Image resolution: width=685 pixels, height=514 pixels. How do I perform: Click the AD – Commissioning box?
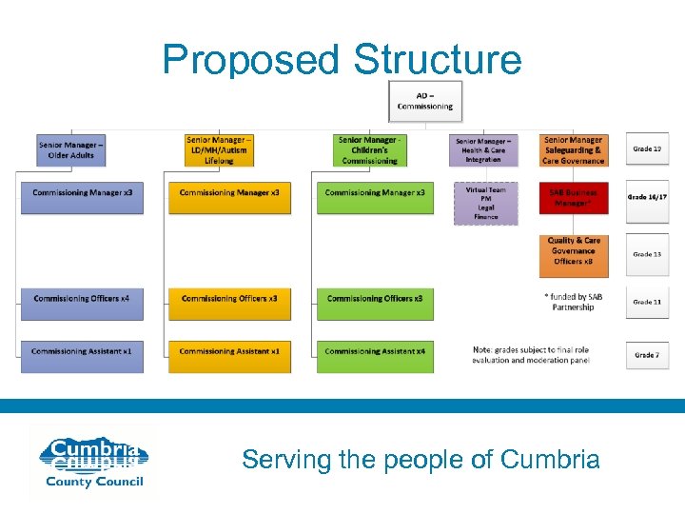(x=425, y=102)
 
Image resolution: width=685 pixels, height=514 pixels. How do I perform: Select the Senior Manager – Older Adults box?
(x=71, y=149)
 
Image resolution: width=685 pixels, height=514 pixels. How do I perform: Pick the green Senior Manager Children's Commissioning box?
(x=370, y=149)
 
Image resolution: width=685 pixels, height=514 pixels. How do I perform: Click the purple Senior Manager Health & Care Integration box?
(x=483, y=150)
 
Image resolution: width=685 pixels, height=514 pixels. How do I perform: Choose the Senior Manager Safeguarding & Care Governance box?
(x=574, y=149)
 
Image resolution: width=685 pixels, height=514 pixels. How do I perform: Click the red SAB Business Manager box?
(x=573, y=197)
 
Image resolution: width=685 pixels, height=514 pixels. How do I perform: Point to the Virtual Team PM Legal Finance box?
(x=485, y=204)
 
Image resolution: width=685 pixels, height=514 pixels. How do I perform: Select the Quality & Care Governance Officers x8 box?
(x=573, y=250)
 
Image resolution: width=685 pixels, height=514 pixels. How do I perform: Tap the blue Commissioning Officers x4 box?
(x=82, y=299)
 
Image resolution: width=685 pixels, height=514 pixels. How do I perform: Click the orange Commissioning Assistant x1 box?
(x=229, y=351)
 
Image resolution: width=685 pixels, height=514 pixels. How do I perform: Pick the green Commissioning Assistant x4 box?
(x=375, y=351)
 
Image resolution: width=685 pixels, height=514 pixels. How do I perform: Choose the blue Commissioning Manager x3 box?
(x=82, y=193)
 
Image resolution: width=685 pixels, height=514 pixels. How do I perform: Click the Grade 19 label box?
(x=647, y=148)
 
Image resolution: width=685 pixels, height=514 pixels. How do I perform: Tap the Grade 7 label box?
(x=647, y=355)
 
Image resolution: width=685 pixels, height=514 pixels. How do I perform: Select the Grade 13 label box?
(x=647, y=254)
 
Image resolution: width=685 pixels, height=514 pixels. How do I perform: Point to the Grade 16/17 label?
(x=648, y=197)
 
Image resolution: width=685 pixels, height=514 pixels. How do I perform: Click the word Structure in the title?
(x=438, y=59)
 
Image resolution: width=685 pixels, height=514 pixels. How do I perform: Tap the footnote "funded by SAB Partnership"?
(x=574, y=302)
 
